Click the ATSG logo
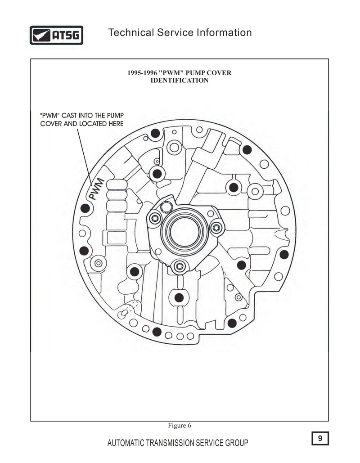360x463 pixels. point(56,35)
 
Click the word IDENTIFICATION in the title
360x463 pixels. point(180,80)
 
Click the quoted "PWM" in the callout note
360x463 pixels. point(49,116)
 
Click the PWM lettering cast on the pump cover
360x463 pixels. point(97,189)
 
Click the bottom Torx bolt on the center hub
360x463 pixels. point(180,267)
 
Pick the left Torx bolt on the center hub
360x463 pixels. point(155,219)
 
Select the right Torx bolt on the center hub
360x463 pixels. point(216,228)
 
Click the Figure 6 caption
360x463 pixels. point(180,426)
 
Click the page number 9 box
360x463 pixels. point(320,438)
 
